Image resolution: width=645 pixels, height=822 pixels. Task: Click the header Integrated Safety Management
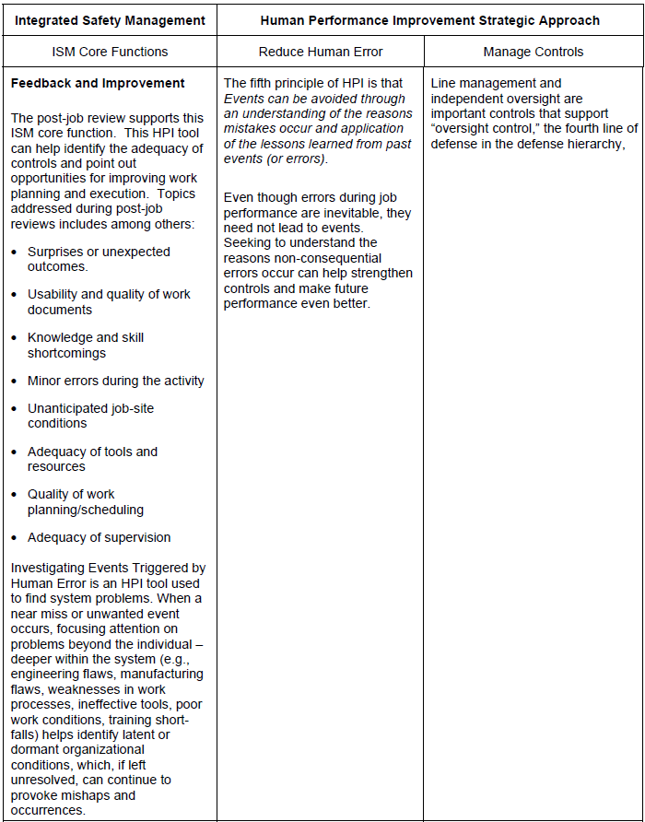(x=110, y=19)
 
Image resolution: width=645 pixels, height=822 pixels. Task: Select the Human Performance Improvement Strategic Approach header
(x=429, y=19)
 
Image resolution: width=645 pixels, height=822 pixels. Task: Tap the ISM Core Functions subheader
(x=110, y=52)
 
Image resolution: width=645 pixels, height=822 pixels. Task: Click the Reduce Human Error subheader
(x=321, y=52)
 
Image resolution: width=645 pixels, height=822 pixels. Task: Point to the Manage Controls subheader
(x=533, y=52)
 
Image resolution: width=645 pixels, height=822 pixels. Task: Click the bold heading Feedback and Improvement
(x=98, y=83)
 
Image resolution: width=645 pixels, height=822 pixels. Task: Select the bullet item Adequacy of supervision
(x=99, y=537)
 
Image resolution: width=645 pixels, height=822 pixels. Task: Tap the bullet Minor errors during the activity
(x=115, y=381)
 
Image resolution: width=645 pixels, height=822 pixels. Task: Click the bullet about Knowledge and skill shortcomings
(x=86, y=345)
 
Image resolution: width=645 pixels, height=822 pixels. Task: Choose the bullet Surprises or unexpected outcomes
(x=99, y=259)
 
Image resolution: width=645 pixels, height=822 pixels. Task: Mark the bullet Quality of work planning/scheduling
(x=86, y=501)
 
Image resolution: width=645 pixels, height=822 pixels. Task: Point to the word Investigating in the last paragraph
(x=46, y=568)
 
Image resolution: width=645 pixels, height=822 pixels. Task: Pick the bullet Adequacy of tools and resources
(x=92, y=459)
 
